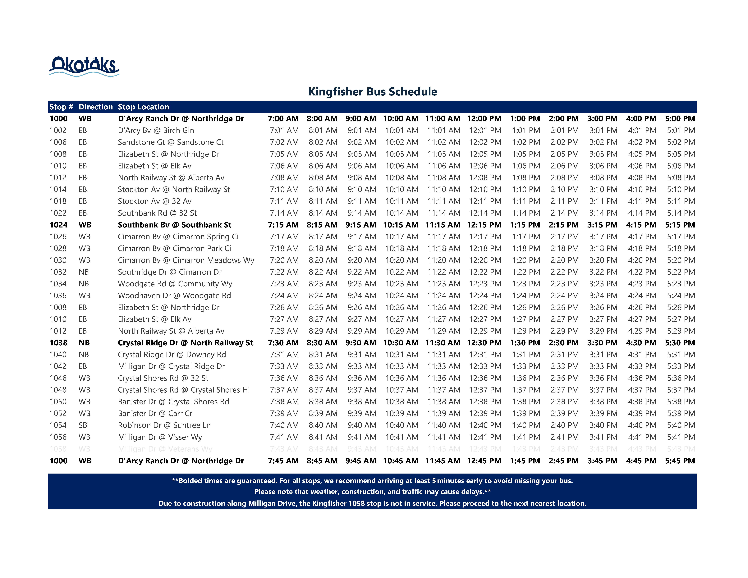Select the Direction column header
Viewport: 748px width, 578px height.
coord(96,107)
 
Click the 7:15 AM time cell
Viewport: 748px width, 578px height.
coord(283,225)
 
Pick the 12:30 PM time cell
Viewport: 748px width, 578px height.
coord(484,343)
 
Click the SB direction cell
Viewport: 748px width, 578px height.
coord(83,425)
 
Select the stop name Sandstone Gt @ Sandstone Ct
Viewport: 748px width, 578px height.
coord(171,142)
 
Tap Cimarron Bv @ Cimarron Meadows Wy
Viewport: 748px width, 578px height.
coord(186,260)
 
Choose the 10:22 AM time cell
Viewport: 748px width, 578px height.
coord(402,272)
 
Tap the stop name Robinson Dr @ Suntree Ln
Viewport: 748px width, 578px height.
coord(164,425)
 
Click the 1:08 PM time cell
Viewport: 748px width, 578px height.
coord(526,178)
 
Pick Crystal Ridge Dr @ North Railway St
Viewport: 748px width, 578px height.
coord(185,343)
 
